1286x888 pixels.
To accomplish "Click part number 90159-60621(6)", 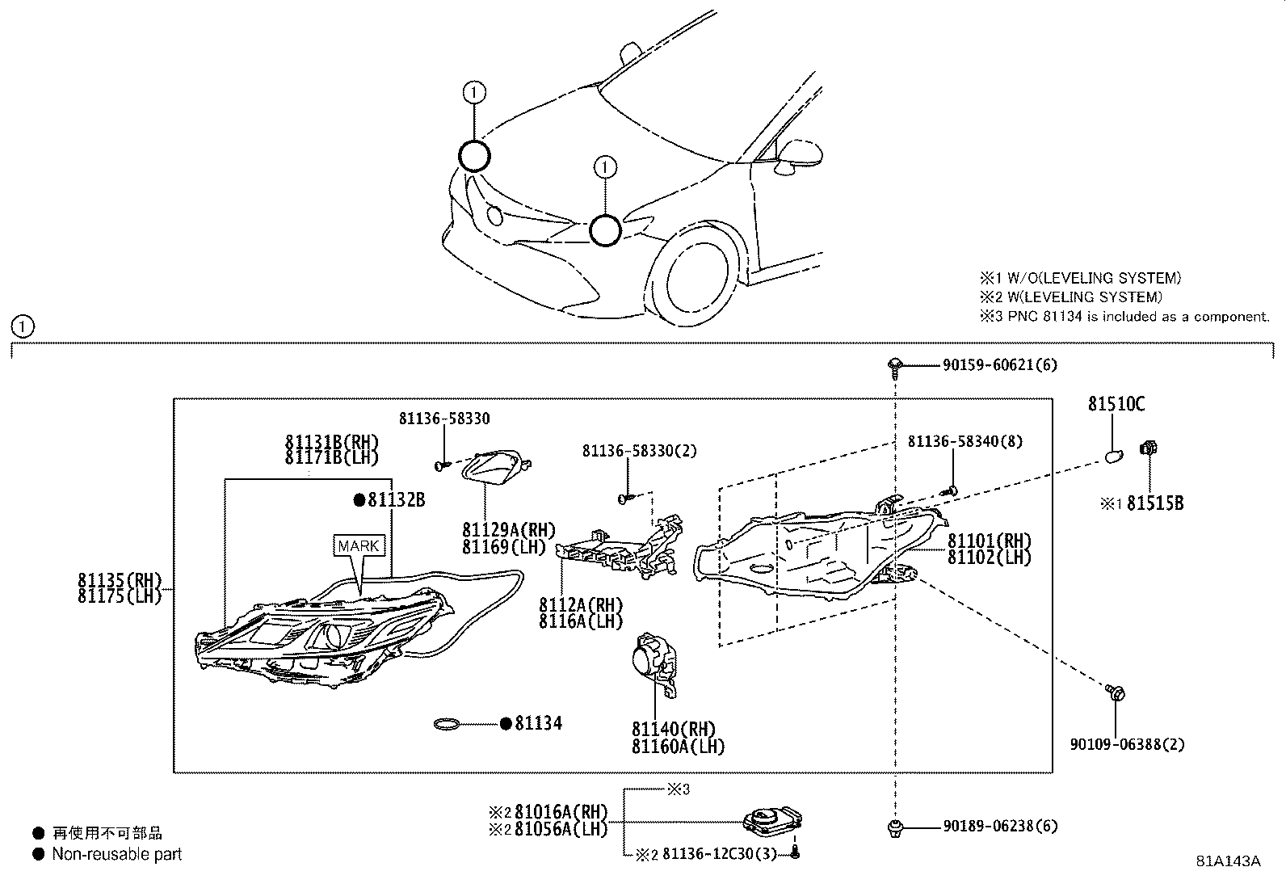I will click(x=999, y=365).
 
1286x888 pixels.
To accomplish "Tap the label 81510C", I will click(x=1116, y=405).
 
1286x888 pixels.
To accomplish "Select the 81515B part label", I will click(x=1155, y=503).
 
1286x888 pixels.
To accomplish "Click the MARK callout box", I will click(x=359, y=545).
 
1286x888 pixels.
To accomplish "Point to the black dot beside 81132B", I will click(x=359, y=500).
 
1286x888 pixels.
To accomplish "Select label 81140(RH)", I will click(x=674, y=730).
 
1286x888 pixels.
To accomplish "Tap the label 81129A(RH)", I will click(x=509, y=530).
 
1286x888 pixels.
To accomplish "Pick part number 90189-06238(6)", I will click(x=1000, y=827).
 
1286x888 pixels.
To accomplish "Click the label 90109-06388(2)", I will click(x=1127, y=744).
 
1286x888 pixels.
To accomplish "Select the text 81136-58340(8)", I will click(x=964, y=441).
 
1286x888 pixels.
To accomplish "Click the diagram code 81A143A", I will click(x=1228, y=861).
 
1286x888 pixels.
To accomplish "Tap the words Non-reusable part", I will click(x=117, y=854).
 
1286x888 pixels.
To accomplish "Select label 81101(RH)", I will click(x=990, y=541).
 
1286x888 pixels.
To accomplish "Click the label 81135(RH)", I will click(x=120, y=579).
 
